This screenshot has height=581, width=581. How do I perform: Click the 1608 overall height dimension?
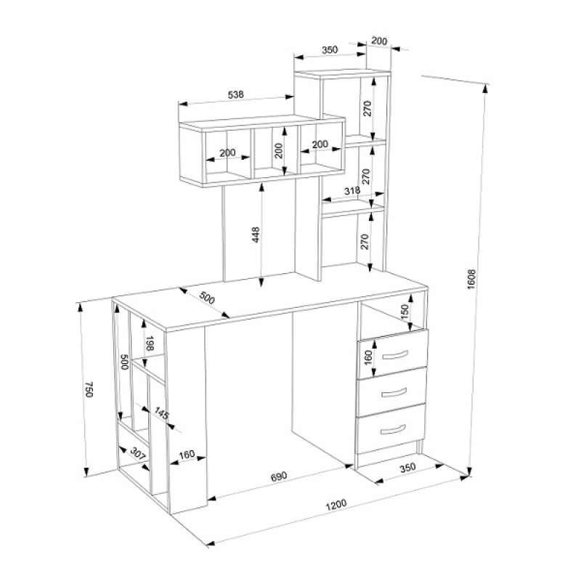(471, 280)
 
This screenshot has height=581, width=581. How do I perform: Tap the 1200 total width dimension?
(336, 505)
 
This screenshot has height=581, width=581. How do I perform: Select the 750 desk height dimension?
(89, 389)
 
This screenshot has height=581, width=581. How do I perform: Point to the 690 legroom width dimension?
(279, 476)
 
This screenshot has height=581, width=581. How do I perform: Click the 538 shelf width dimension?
(235, 95)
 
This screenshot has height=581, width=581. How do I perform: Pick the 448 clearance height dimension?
(256, 235)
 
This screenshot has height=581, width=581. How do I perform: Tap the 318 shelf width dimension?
(352, 191)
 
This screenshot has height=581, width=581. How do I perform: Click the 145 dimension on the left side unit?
(161, 413)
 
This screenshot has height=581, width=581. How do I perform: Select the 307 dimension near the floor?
(137, 455)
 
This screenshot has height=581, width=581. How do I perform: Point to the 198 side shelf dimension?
(150, 344)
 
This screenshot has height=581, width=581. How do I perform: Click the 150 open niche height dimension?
(405, 312)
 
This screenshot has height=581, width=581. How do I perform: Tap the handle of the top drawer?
(394, 355)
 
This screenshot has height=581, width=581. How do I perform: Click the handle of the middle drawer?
(394, 393)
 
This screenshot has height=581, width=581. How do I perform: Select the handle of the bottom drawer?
(393, 430)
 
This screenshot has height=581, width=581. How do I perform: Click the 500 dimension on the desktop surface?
(207, 298)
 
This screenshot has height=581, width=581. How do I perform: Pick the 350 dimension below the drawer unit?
(407, 468)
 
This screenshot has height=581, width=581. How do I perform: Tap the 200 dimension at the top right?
(378, 41)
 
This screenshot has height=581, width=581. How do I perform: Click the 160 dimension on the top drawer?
(368, 358)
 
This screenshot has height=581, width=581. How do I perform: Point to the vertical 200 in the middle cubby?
(279, 150)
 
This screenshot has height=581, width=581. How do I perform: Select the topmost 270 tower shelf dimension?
(367, 108)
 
